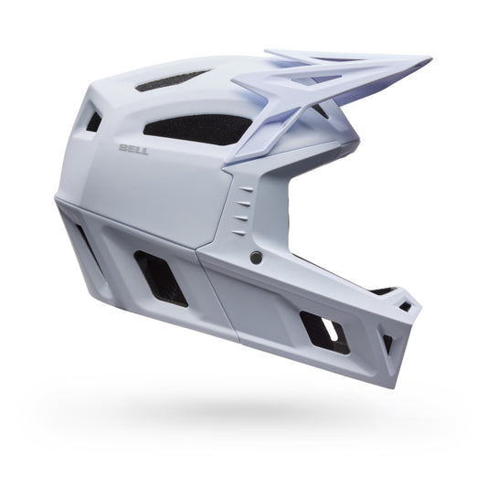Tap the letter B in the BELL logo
click(122, 144)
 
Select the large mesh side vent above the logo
click(196, 128)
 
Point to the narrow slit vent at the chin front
click(387, 344)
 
